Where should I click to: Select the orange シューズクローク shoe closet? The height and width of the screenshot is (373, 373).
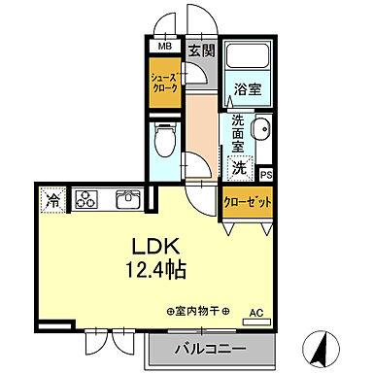point(162,78)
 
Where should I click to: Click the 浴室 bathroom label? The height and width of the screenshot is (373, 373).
point(248,89)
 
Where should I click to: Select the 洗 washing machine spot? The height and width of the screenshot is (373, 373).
point(239,166)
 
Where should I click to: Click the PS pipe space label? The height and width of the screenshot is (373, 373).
point(266,175)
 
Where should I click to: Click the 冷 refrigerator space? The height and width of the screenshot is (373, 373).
point(53,201)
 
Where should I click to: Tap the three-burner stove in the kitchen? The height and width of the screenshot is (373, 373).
point(85,200)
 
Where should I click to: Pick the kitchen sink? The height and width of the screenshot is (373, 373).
point(126,200)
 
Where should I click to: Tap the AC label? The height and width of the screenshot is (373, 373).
point(256,313)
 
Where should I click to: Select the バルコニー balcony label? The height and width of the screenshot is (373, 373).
point(210,349)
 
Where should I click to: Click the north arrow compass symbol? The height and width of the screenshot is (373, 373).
point(322,347)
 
